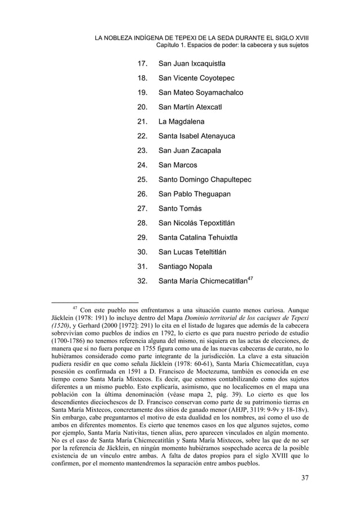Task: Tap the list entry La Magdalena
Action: point(182,121)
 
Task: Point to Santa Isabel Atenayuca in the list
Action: point(197,136)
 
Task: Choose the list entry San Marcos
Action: point(178,165)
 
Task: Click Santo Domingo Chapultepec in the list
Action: point(205,180)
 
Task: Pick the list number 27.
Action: point(142,210)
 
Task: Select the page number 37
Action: point(305,480)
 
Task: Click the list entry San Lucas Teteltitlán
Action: point(196,252)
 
